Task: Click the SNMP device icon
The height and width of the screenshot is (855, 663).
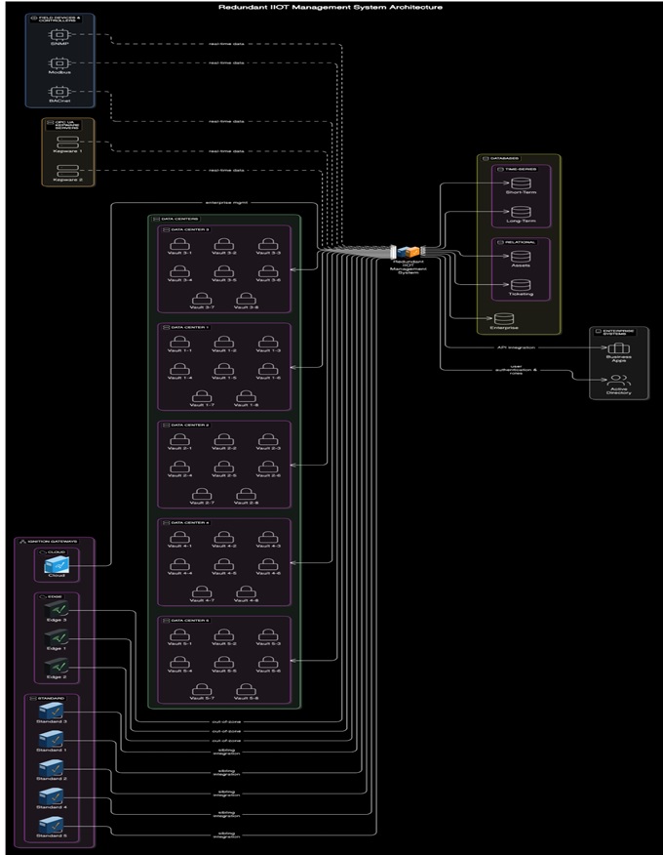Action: (58, 36)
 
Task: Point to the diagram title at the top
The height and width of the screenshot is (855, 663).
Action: (331, 6)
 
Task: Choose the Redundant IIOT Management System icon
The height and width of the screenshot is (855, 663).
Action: (412, 253)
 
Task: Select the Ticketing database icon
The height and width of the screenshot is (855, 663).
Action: (522, 285)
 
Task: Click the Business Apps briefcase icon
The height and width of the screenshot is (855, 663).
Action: (619, 350)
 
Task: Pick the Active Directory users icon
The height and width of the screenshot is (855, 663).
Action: (619, 381)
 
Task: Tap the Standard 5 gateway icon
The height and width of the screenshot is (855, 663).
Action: (52, 827)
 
